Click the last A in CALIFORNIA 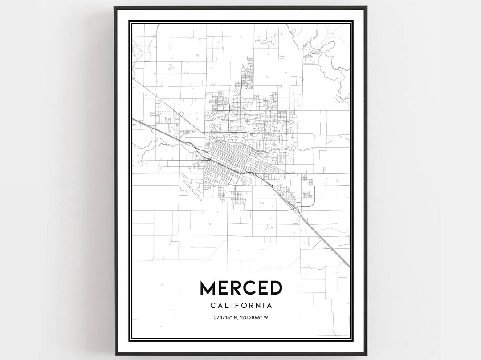(x=270, y=306)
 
